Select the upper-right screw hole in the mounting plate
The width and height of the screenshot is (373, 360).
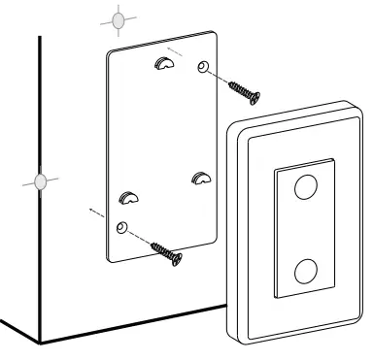[x=202, y=68]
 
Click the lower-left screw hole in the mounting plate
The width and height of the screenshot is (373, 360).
[x=120, y=227]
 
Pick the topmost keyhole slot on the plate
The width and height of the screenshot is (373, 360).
[x=160, y=67]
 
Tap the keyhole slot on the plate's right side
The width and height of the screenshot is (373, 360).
[x=201, y=177]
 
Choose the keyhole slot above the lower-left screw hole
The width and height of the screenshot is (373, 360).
[x=128, y=199]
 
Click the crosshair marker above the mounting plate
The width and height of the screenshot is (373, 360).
[x=118, y=18]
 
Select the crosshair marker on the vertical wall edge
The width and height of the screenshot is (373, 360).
[x=40, y=180]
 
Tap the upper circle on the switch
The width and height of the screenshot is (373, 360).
[x=304, y=186]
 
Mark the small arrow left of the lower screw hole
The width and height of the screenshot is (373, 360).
[x=92, y=211]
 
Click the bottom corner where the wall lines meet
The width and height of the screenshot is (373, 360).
[x=40, y=342]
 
